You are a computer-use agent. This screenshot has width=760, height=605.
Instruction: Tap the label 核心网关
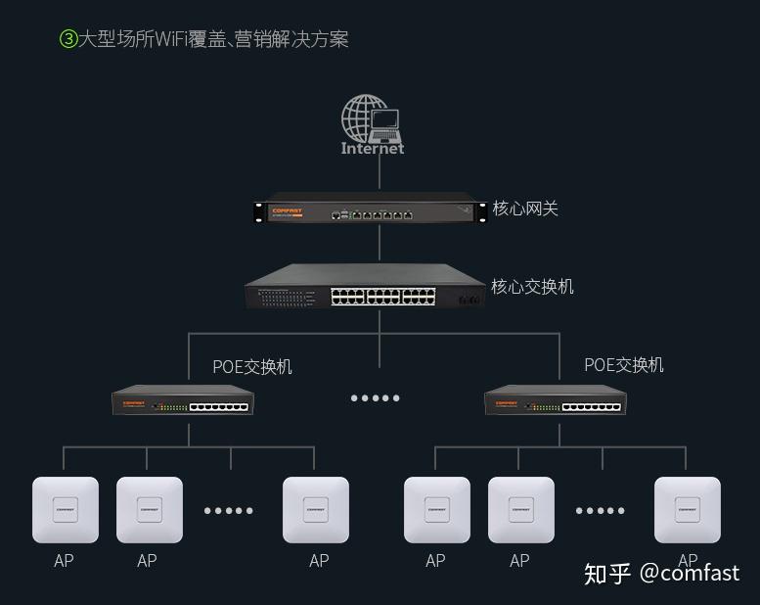pyautogui.click(x=525, y=209)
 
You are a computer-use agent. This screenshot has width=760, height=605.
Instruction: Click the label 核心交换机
pyautogui.click(x=532, y=287)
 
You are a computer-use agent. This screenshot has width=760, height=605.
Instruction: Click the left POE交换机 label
pyautogui.click(x=252, y=367)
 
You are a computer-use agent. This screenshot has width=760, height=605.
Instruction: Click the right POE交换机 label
pyautogui.click(x=624, y=365)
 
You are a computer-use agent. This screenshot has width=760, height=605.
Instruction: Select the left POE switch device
pyautogui.click(x=183, y=401)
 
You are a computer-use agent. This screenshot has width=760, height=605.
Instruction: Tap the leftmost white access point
pyautogui.click(x=66, y=509)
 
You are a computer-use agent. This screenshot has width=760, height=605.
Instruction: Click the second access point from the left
pyautogui.click(x=150, y=509)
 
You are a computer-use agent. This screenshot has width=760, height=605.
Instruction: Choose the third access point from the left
pyautogui.click(x=316, y=509)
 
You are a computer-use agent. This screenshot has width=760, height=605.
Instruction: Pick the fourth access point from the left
pyautogui.click(x=437, y=509)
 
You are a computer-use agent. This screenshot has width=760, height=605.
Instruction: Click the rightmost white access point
pyautogui.click(x=688, y=509)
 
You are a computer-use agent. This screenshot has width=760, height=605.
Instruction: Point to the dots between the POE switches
pyautogui.click(x=376, y=398)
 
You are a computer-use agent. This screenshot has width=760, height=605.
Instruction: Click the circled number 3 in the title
pyautogui.click(x=68, y=39)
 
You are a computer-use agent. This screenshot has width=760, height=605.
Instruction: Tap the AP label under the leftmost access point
pyautogui.click(x=64, y=561)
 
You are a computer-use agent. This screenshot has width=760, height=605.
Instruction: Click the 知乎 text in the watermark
pyautogui.click(x=607, y=574)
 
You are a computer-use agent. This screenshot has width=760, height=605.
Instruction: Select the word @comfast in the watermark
pyautogui.click(x=690, y=574)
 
